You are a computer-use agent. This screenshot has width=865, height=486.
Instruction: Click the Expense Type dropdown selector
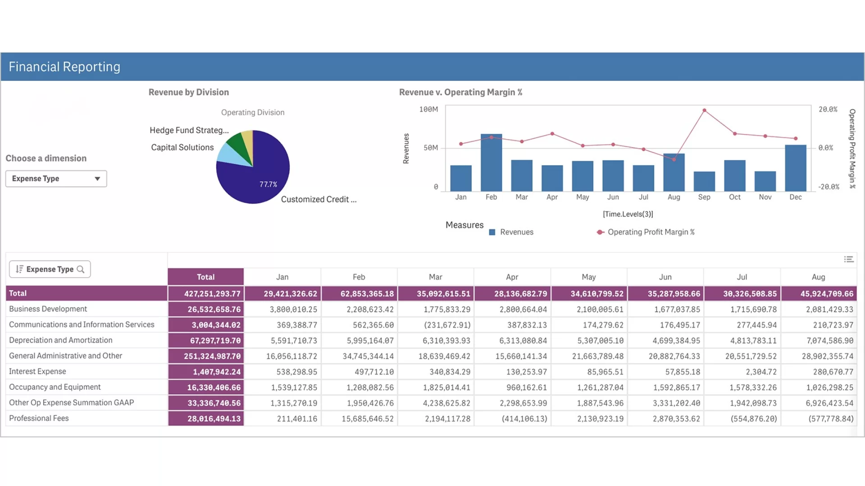pyautogui.click(x=56, y=179)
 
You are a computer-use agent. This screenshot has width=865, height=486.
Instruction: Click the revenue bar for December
pyautogui.click(x=795, y=168)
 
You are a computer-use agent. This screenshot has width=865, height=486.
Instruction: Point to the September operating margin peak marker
pyautogui.click(x=704, y=110)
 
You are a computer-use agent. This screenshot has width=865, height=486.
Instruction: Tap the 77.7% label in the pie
pyautogui.click(x=268, y=184)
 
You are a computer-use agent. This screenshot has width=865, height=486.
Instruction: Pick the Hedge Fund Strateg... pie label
pyautogui.click(x=189, y=130)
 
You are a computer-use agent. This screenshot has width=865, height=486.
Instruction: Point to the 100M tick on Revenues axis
pyautogui.click(x=428, y=109)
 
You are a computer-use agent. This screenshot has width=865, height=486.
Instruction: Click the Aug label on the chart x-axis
pyautogui.click(x=674, y=197)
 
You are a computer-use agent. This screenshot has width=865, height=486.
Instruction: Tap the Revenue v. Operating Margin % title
pyautogui.click(x=460, y=92)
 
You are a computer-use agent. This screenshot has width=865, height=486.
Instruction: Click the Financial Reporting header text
pyautogui.click(x=64, y=67)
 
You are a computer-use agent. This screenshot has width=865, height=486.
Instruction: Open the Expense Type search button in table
pyautogui.click(x=81, y=270)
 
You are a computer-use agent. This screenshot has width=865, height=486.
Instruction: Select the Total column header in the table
pyautogui.click(x=205, y=277)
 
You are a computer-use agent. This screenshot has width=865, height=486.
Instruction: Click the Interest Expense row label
pyautogui.click(x=37, y=372)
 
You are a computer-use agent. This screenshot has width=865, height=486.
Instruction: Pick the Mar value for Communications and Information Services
pyautogui.click(x=447, y=325)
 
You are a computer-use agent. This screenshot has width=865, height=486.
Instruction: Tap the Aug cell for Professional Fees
pyautogui.click(x=830, y=419)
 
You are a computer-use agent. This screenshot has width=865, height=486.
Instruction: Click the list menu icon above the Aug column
pyautogui.click(x=848, y=259)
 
